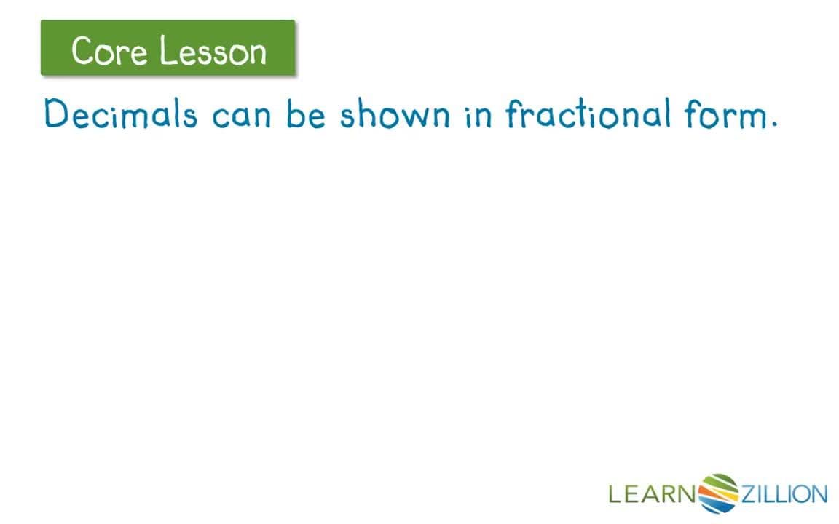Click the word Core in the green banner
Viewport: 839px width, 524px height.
click(109, 51)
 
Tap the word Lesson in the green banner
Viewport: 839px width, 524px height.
click(213, 51)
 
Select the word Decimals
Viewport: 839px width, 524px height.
click(120, 115)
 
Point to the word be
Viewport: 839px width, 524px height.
click(306, 115)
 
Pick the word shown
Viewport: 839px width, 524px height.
click(395, 115)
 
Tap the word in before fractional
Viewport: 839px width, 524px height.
click(478, 115)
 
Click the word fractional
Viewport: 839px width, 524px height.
click(588, 115)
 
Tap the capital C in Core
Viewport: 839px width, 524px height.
click(82, 51)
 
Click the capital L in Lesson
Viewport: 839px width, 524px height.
click(165, 51)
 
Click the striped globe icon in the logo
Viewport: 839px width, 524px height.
click(718, 493)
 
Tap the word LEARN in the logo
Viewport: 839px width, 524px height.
click(653, 495)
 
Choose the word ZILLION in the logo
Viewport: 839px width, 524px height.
click(784, 495)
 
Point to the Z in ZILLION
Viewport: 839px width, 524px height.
click(749, 495)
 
